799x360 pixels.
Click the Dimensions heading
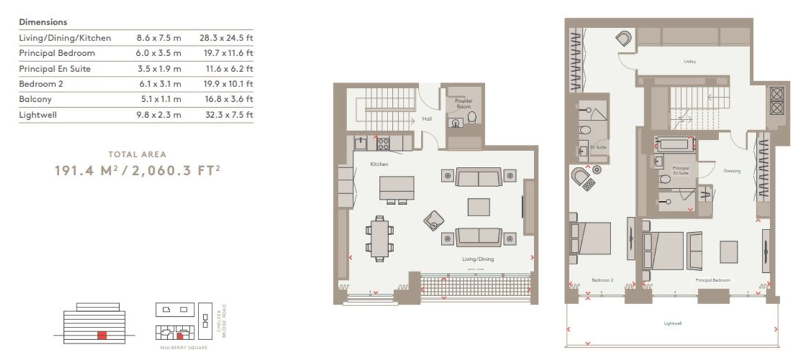[x=43, y=23]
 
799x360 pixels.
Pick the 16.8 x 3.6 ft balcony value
[x=226, y=99]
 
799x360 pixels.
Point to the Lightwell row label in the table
[x=37, y=114]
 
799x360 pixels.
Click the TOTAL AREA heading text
[x=136, y=154]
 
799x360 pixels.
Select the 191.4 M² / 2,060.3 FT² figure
[x=136, y=170]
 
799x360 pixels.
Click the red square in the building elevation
[x=101, y=335]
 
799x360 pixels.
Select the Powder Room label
[x=463, y=103]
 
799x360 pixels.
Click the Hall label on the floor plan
[x=428, y=120]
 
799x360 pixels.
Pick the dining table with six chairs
[x=378, y=238]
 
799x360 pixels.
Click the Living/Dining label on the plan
[x=477, y=259]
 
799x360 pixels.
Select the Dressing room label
[x=732, y=171]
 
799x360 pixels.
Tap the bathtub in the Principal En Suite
[x=674, y=142]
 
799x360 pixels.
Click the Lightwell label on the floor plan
[x=672, y=324]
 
